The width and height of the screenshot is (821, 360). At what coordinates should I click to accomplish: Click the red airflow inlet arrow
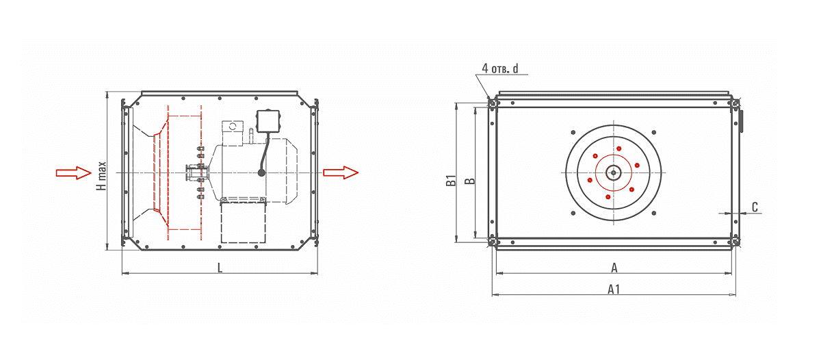click(x=74, y=172)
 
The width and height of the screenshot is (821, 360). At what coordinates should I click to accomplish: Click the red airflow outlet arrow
click(x=341, y=172)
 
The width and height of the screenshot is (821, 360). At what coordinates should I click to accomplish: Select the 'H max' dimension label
click(x=101, y=176)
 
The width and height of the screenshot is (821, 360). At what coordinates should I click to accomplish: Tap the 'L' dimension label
click(x=220, y=268)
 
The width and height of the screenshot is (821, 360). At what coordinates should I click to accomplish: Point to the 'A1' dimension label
click(x=614, y=290)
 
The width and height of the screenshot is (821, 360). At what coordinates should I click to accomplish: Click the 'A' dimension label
click(x=614, y=268)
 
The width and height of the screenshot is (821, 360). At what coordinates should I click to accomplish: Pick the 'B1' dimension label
click(x=451, y=181)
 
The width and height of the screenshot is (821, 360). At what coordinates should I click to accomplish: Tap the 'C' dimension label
click(x=755, y=207)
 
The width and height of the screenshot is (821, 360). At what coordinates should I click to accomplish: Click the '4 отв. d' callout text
click(x=500, y=68)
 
